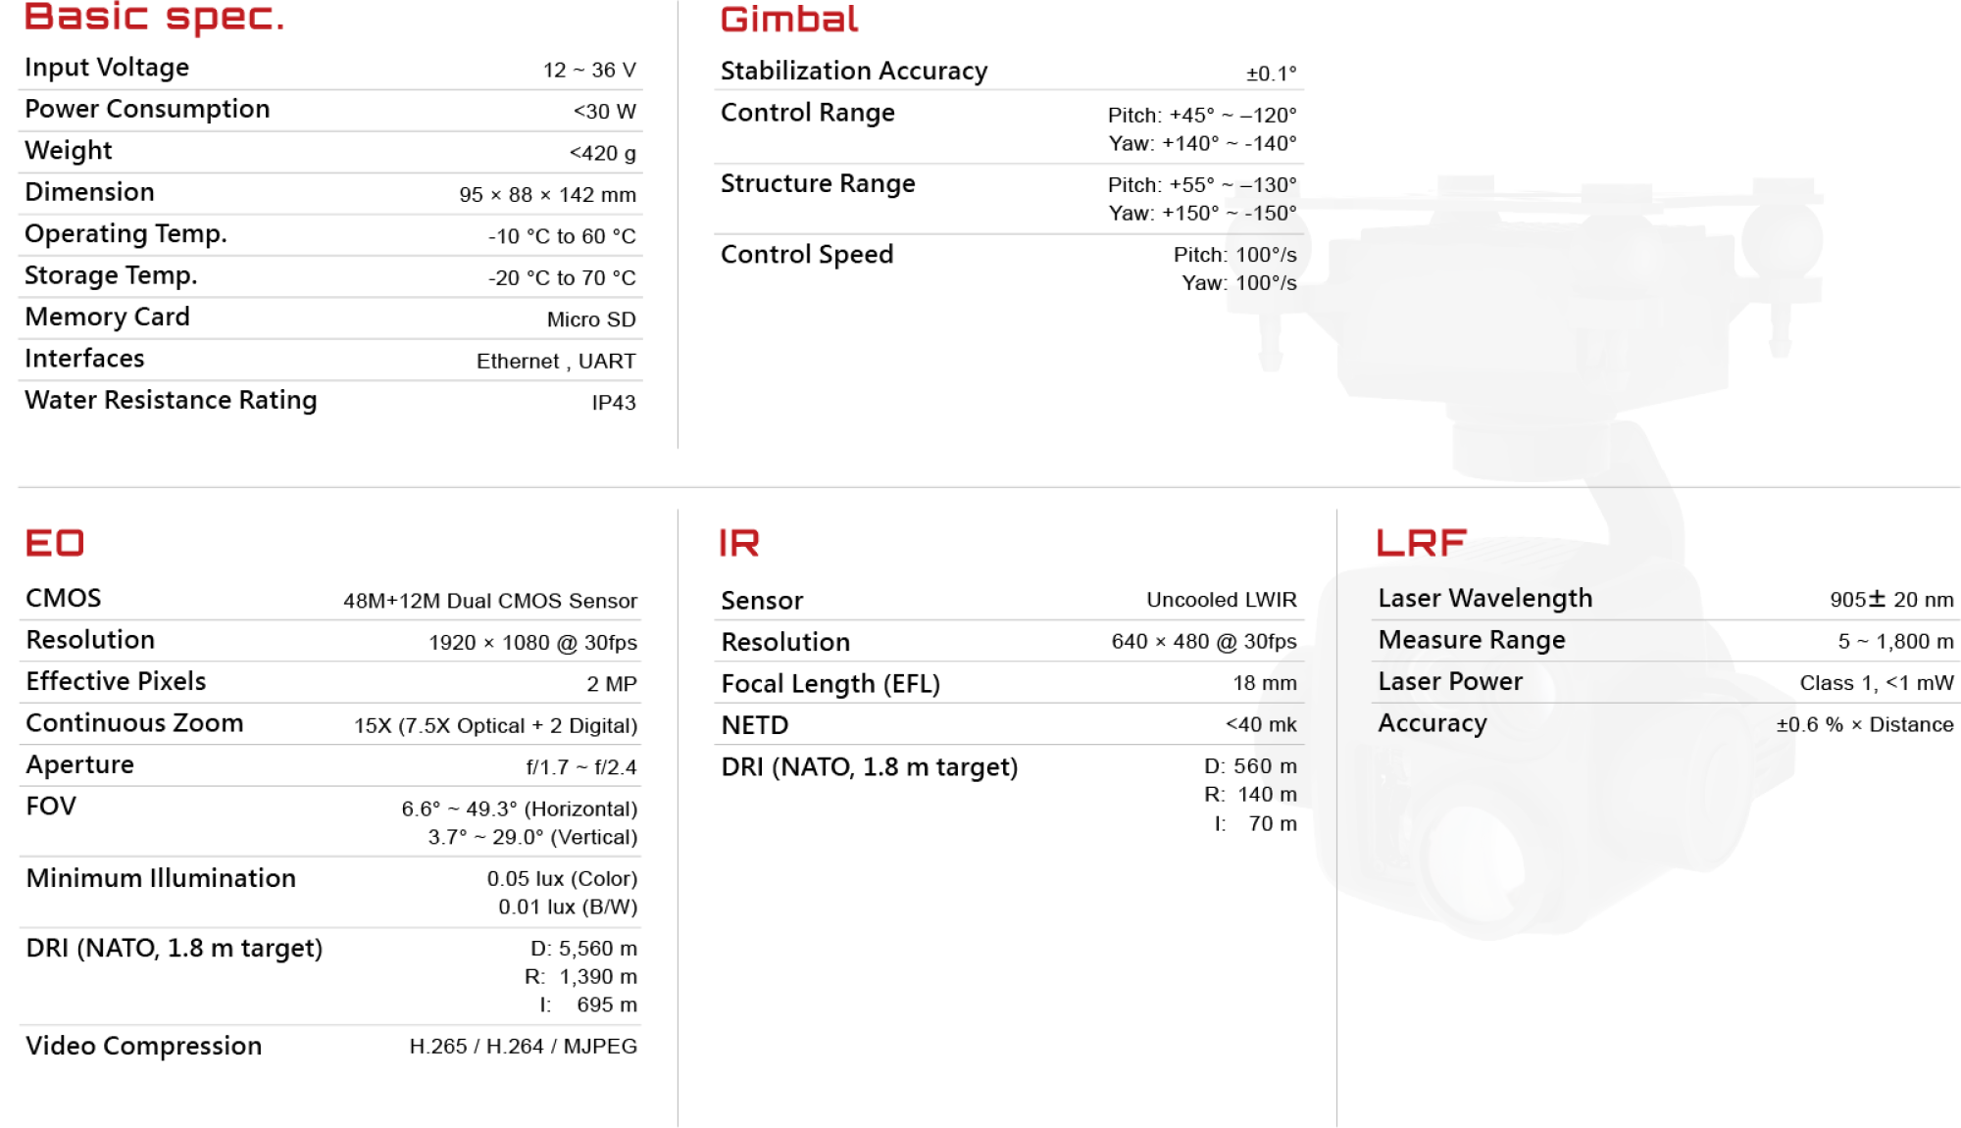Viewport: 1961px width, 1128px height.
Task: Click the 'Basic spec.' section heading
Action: [x=154, y=18]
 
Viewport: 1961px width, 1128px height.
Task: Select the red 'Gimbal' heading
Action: [x=789, y=20]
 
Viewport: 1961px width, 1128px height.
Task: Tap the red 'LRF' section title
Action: [x=1422, y=542]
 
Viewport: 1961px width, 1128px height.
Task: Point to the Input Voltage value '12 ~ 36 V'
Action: [x=589, y=70]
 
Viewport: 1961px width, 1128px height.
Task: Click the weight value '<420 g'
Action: [x=602, y=153]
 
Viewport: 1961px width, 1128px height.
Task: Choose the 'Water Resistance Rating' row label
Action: [x=171, y=400]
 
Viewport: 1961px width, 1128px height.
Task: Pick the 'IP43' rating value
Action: [x=614, y=403]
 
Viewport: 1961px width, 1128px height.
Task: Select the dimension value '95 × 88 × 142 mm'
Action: [x=547, y=194]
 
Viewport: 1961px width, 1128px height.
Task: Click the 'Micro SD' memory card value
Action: [x=591, y=319]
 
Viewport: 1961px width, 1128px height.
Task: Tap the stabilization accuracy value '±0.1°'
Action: [x=1271, y=74]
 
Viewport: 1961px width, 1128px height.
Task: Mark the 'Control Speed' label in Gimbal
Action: [x=807, y=255]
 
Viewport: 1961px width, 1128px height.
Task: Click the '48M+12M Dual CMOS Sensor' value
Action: [x=490, y=601]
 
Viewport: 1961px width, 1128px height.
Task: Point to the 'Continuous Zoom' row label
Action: [x=134, y=723]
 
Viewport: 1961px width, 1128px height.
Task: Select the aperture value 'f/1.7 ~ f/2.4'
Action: [x=581, y=767]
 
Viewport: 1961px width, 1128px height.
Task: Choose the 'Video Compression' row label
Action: [x=144, y=1047]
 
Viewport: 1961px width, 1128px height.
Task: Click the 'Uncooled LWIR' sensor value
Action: [x=1222, y=600]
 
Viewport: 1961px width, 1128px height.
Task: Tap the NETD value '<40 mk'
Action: [x=1261, y=724]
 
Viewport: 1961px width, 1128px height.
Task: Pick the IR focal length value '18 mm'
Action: [x=1265, y=683]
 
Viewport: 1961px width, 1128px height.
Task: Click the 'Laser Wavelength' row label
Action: [x=1485, y=599]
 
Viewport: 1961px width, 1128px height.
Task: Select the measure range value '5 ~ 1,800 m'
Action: [x=1895, y=641]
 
